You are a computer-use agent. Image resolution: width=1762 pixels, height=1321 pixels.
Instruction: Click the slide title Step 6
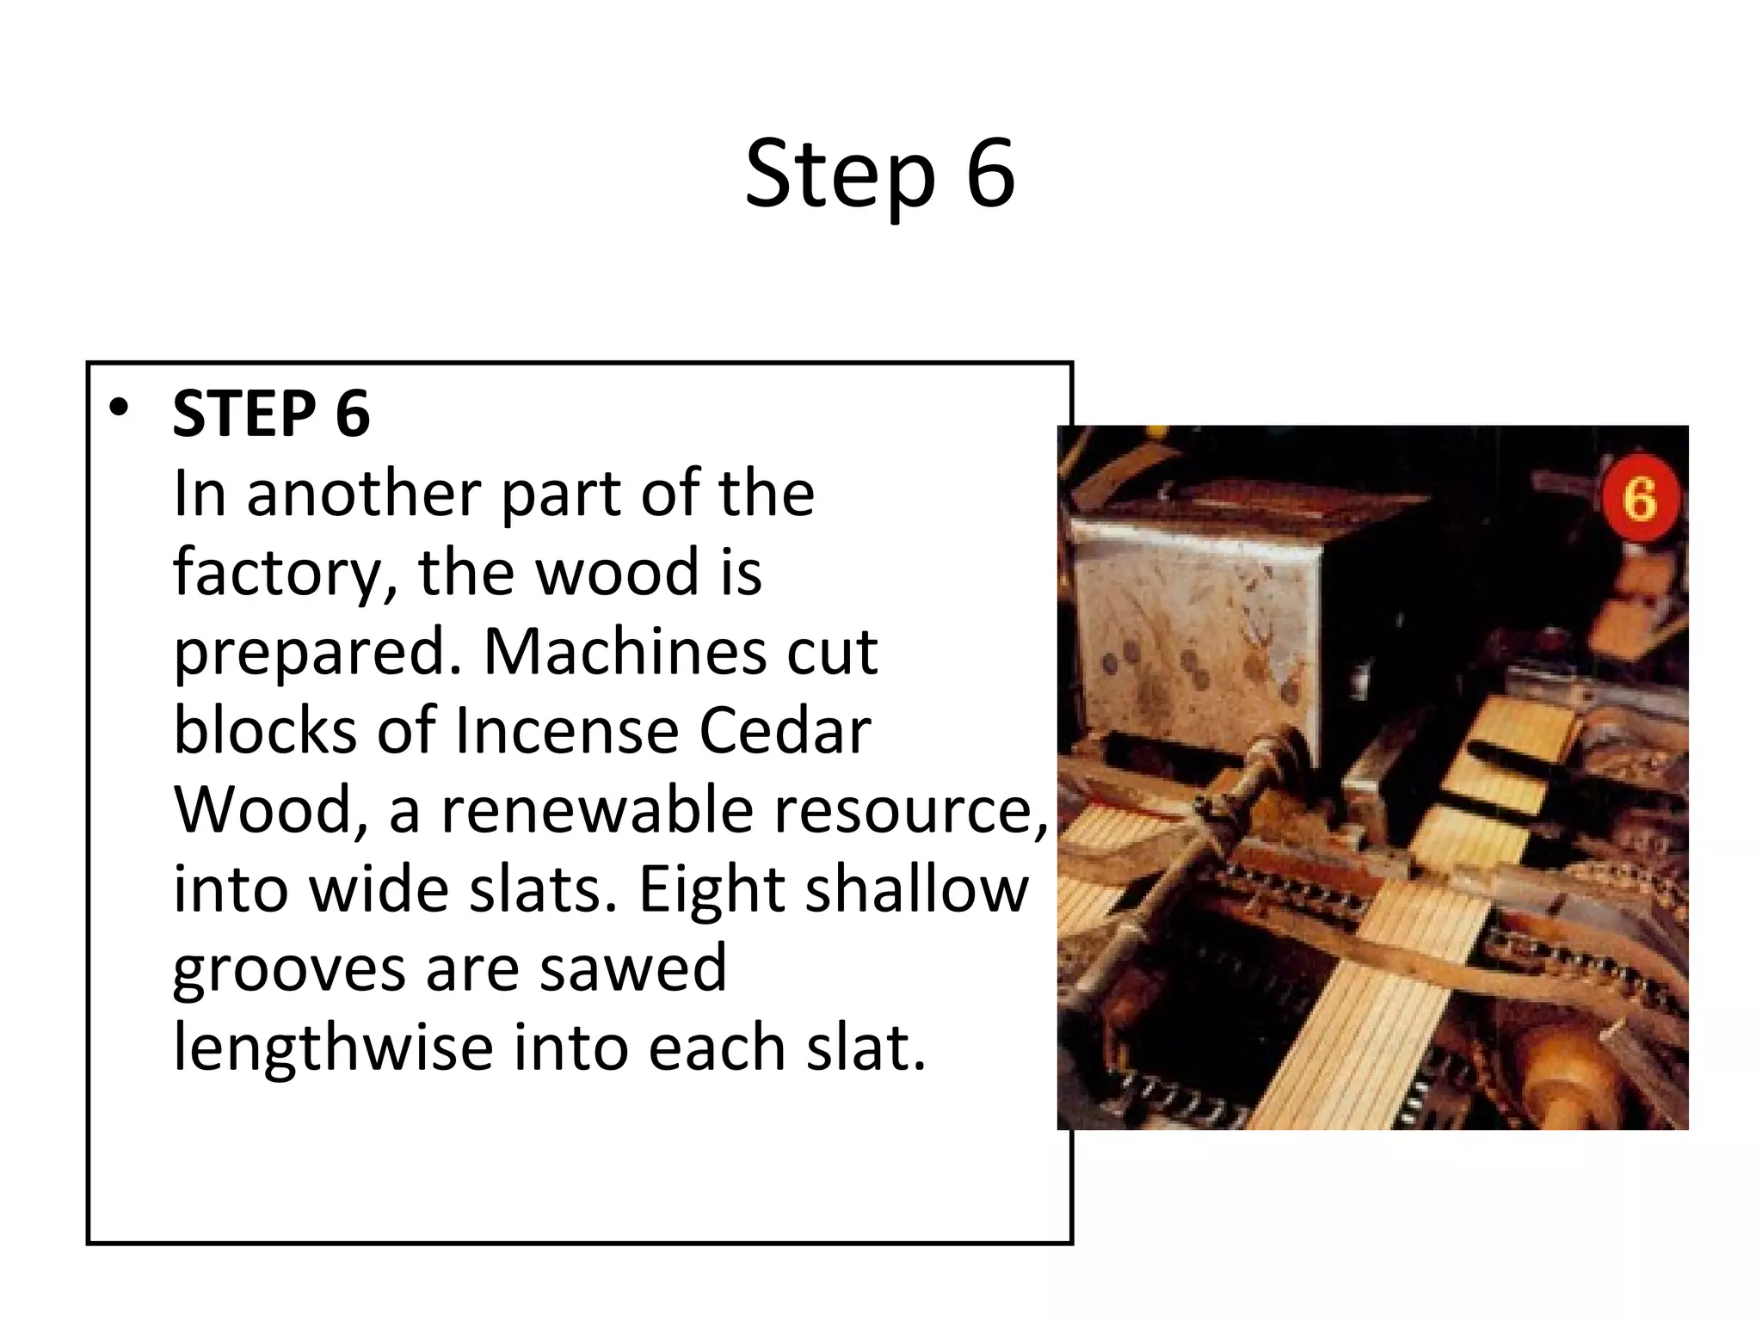tap(879, 175)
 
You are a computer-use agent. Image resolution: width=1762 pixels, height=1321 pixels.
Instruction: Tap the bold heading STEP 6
tap(271, 415)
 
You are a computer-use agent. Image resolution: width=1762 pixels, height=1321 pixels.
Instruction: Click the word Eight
tap(709, 890)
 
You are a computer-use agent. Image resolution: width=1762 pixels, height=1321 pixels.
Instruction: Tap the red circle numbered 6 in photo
tap(1640, 500)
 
